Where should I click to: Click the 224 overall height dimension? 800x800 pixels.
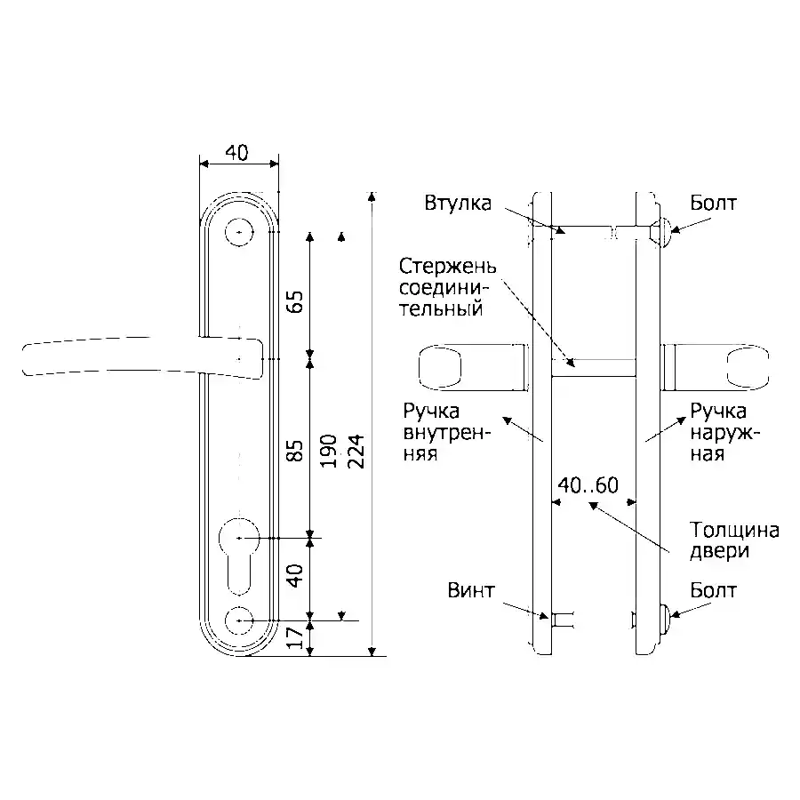point(356,451)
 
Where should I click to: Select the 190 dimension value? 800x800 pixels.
point(328,451)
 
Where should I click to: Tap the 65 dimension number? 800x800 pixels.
point(295,302)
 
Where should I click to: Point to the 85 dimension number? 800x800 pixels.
point(295,451)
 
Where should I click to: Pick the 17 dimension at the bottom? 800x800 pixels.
point(295,637)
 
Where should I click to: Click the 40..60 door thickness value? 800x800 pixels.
point(588,485)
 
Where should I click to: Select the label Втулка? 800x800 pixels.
point(458,203)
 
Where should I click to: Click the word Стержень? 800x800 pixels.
point(447,267)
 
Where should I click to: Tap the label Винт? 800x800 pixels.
point(471,590)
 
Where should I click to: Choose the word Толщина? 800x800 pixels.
point(734,530)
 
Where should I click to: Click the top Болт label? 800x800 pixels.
point(713,203)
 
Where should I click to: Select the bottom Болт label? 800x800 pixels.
point(713,590)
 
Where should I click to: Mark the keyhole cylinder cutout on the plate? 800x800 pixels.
point(239,556)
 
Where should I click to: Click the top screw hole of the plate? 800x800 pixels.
point(239,232)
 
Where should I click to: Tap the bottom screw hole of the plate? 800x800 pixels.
point(239,620)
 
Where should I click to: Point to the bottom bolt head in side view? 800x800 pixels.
point(663,619)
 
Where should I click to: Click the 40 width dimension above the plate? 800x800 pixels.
point(237,153)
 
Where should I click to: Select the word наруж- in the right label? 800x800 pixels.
point(725,433)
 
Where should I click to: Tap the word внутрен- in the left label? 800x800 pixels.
point(447,433)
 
